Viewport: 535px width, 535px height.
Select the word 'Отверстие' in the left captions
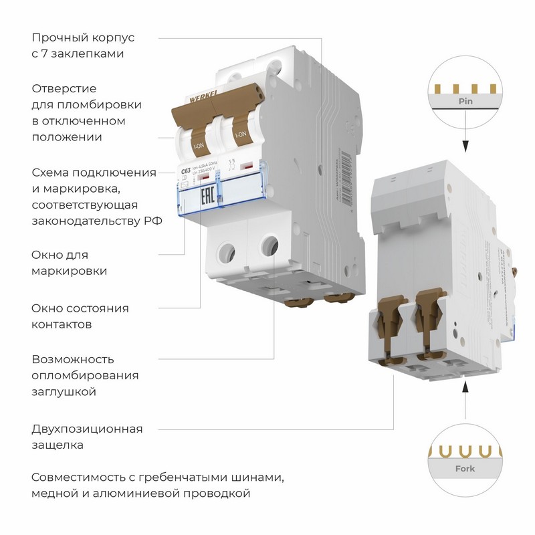click(x=64, y=88)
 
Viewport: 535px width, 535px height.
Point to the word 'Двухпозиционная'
click(x=87, y=429)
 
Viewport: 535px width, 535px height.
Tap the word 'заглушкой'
click(x=64, y=392)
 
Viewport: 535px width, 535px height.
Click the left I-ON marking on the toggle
click(x=199, y=144)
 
